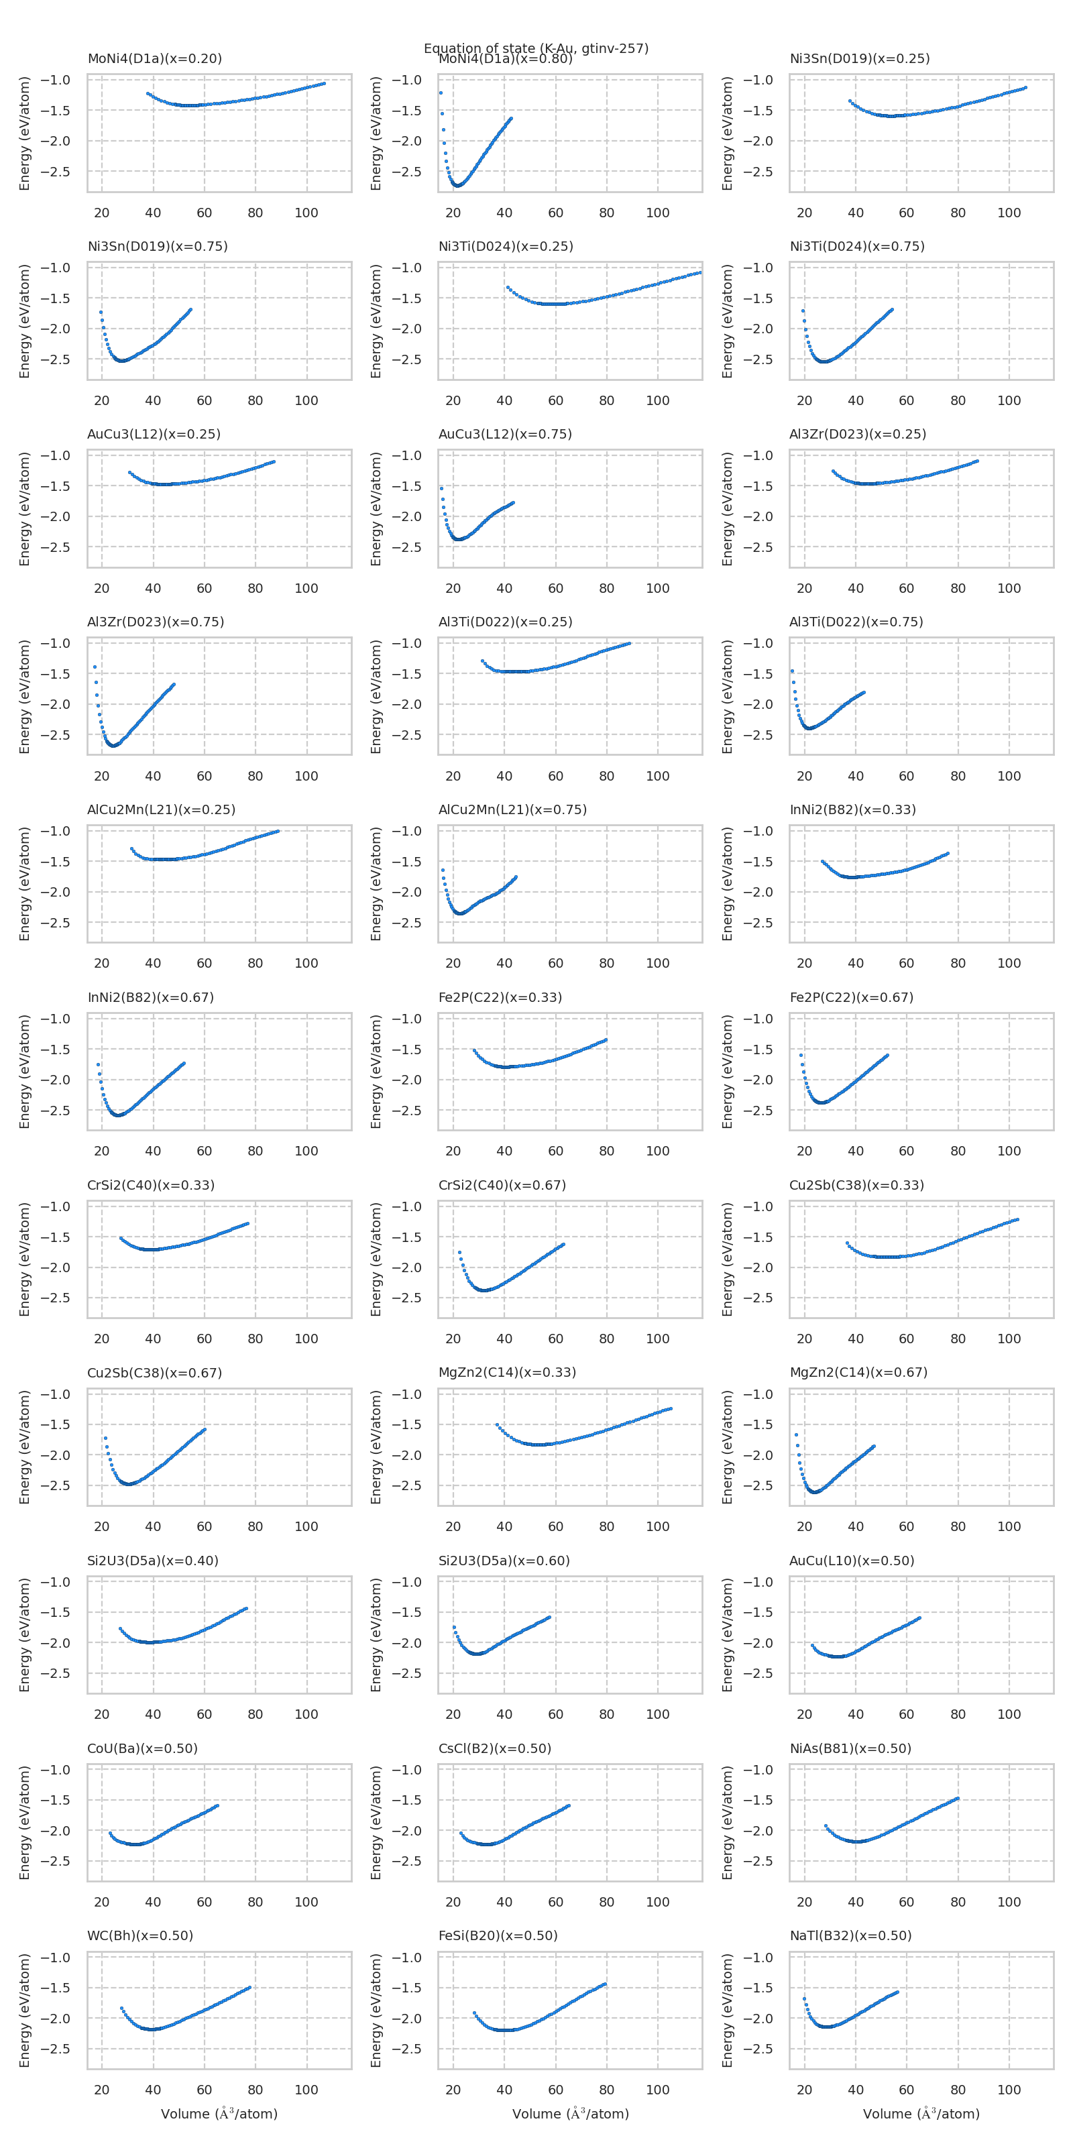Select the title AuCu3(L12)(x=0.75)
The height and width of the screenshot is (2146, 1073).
505,434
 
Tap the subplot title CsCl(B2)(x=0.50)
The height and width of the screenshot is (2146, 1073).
495,1748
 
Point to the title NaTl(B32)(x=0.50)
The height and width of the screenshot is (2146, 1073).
850,1935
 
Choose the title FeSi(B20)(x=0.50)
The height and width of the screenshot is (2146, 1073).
498,1935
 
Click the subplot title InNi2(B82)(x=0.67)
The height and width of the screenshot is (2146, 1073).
150,997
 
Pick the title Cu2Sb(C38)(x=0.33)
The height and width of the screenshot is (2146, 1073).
856,1184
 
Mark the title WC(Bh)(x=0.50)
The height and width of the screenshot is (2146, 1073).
140,1935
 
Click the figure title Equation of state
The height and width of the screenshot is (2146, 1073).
536,48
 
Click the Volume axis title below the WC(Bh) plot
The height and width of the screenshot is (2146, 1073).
219,2114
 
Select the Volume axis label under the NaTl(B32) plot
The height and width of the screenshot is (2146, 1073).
921,2114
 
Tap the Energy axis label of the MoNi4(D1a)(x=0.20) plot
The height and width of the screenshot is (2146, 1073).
25,133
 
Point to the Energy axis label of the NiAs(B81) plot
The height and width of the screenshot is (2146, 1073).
727,1822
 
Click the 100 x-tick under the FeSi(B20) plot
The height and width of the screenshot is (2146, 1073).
657,2090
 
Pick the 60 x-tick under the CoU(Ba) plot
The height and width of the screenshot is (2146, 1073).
204,1902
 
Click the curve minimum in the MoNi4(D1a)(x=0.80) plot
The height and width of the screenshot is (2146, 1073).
457,185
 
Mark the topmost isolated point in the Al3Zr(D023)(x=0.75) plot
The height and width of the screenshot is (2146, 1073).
95,667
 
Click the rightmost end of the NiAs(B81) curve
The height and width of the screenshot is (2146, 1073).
957,1799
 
